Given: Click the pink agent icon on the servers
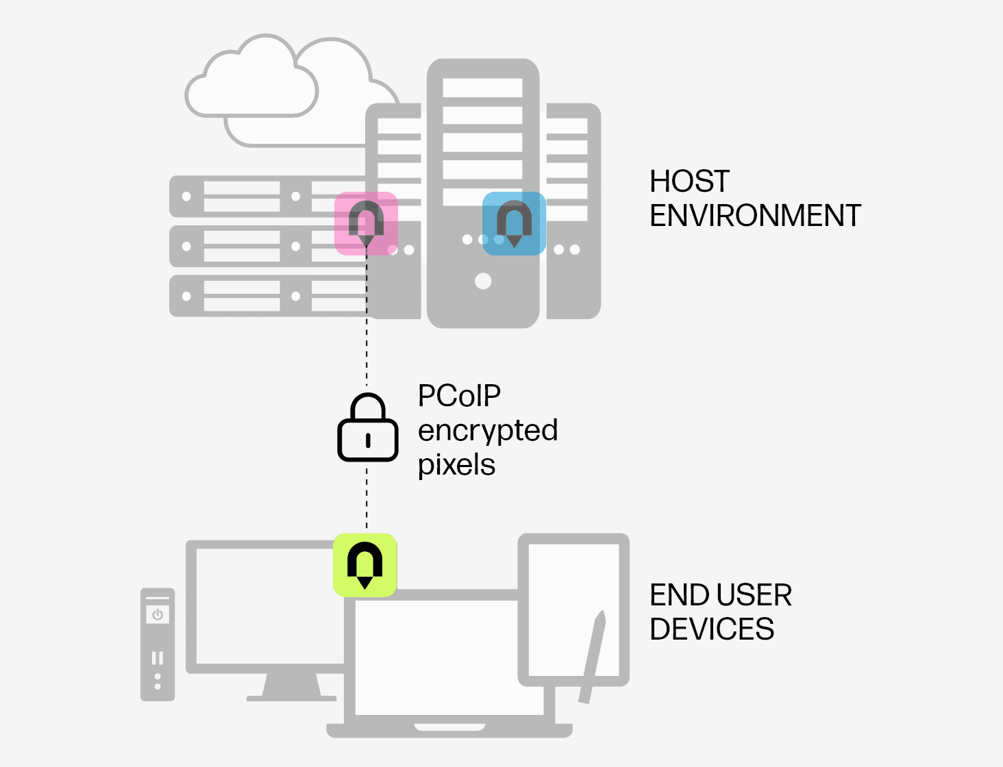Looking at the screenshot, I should tap(366, 223).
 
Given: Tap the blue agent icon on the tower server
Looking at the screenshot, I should tap(514, 223).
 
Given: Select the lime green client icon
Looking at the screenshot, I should tap(365, 565).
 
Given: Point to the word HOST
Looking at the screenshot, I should tap(689, 181).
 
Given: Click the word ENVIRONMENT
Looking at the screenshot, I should tap(755, 216).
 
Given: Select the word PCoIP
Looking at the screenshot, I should tap(459, 396).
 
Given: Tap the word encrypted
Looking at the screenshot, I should tap(488, 431).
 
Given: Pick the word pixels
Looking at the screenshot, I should tap(456, 465).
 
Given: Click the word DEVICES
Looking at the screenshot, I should tap(712, 629).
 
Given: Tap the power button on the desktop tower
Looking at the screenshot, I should tap(158, 614).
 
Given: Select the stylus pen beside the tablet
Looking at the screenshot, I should tap(593, 657).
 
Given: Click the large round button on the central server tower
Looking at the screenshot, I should tap(483, 281).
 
